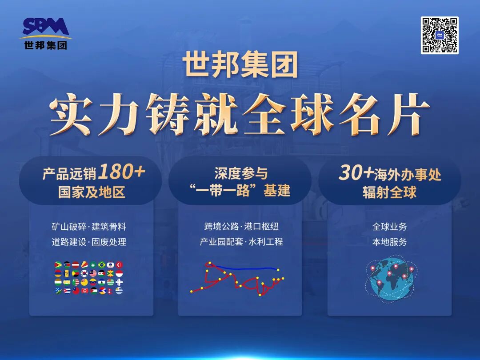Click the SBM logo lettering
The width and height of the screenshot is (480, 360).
point(46,27)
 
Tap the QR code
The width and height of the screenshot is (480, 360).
point(439,35)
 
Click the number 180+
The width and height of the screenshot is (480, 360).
point(121,172)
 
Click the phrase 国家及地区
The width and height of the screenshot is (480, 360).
point(91,192)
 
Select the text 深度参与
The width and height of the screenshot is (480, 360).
point(240,173)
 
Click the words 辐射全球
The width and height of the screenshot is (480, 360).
point(389,192)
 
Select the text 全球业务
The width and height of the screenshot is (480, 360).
point(389,227)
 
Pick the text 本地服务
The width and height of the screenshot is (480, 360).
point(389,242)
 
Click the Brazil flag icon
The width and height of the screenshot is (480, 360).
point(101,265)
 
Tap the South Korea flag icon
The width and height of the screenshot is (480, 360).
point(84,273)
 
